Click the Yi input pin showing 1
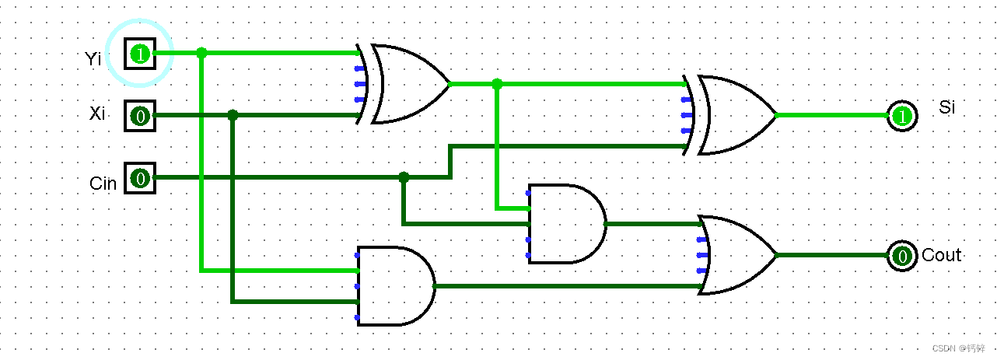[140, 54]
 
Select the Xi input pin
[140, 116]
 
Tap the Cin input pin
[140, 178]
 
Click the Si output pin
[901, 116]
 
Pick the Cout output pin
[901, 255]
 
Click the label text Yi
[93, 58]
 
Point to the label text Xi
[97, 114]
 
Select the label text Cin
[103, 183]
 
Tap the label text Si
[946, 107]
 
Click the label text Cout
[941, 255]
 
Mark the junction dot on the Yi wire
[201, 53]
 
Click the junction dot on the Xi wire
[233, 115]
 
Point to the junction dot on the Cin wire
[403, 177]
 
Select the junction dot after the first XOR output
[497, 84]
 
